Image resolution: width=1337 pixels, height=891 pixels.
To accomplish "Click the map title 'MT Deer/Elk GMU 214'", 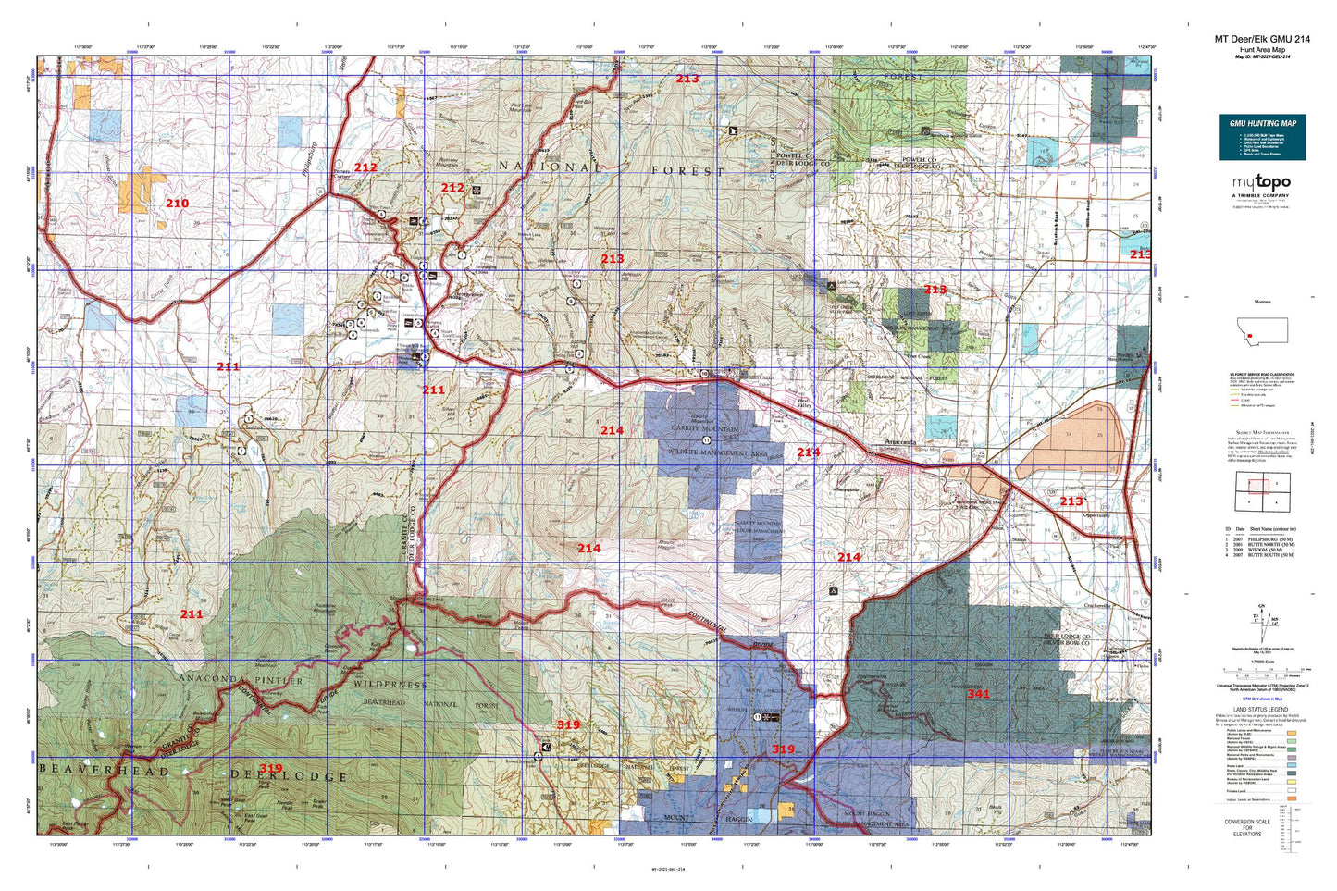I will point(1262,39).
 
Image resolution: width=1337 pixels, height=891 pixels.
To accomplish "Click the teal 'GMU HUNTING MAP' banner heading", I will point(1262,123).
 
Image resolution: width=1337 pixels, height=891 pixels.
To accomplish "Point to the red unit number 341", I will point(978,694).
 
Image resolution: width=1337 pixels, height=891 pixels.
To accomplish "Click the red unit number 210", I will point(177,204).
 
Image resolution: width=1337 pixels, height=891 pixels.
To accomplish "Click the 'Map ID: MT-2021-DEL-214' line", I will point(1262,56).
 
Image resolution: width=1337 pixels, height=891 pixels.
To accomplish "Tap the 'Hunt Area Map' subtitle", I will point(1262,50).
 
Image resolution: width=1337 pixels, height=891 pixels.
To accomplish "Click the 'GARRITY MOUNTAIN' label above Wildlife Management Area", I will point(705,430).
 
